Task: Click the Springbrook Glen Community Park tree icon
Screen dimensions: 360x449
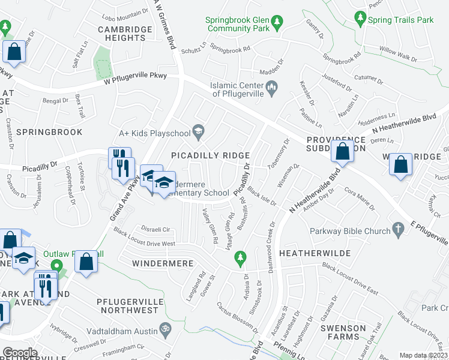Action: [x=277, y=23]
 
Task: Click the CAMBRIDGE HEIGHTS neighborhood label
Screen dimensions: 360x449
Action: [x=122, y=33]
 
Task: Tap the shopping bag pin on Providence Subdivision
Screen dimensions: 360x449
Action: [x=342, y=153]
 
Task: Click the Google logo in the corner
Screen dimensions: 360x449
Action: [x=20, y=353]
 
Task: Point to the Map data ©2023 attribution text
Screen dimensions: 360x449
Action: [x=423, y=355]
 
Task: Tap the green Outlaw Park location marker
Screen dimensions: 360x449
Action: [x=57, y=266]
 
